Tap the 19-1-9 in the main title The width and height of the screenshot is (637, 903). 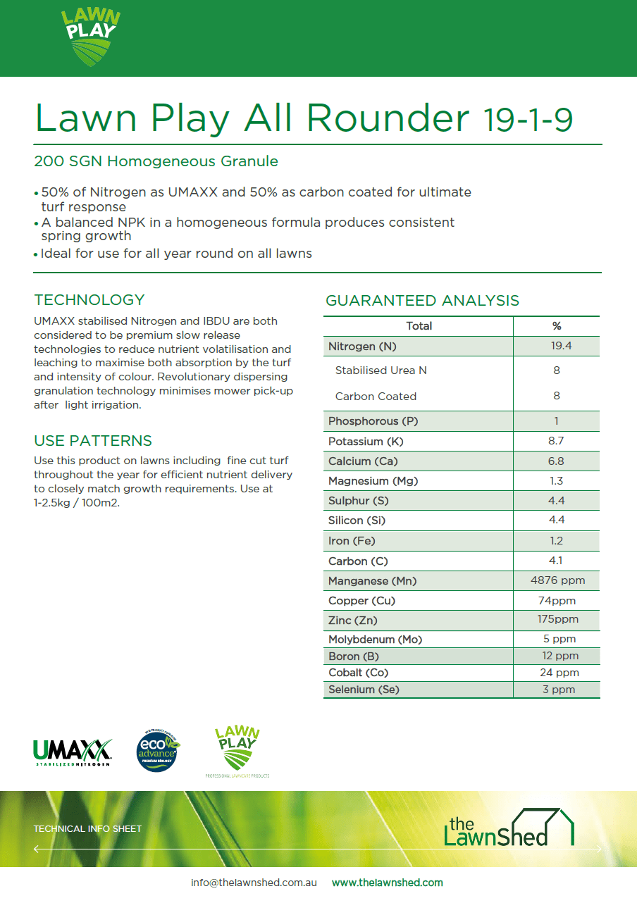click(528, 120)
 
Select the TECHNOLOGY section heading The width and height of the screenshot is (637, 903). click(89, 300)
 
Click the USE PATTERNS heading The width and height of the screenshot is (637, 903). click(93, 441)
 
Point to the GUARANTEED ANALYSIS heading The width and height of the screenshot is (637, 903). click(422, 301)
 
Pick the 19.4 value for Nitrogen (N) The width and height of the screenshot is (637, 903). click(556, 346)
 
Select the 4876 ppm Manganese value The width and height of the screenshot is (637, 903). click(557, 580)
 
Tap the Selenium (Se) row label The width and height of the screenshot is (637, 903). click(364, 690)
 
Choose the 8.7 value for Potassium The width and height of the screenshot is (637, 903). click(556, 441)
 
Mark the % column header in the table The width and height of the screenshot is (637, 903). click(556, 326)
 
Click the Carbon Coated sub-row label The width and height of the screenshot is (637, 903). click(376, 397)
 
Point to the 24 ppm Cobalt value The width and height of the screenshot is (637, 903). click(556, 673)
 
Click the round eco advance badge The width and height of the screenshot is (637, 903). click(157, 751)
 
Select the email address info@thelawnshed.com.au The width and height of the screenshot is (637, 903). click(254, 883)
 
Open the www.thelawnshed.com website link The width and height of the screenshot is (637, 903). click(387, 883)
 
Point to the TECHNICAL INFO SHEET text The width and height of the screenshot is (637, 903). click(87, 829)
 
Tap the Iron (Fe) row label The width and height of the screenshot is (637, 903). click(352, 541)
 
